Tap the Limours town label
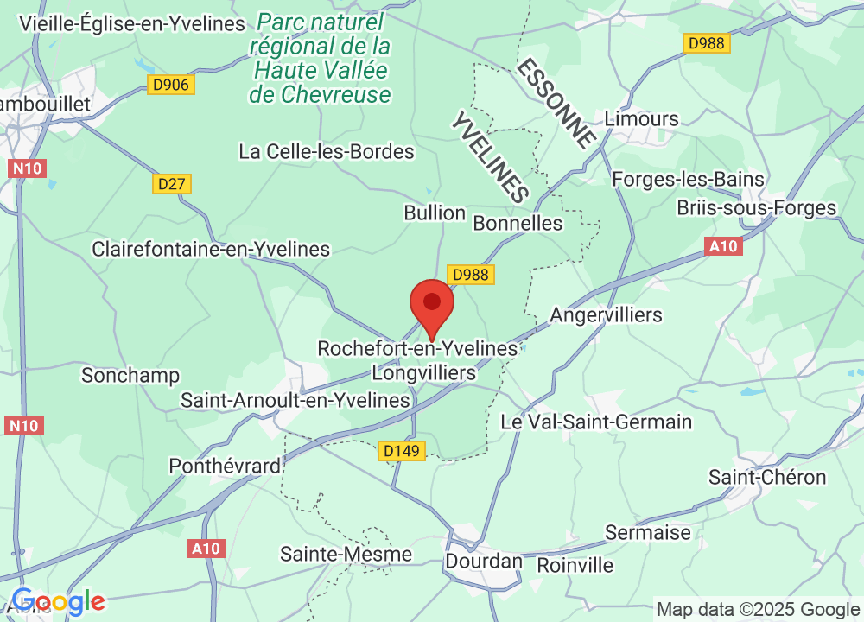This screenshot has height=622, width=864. click(642, 118)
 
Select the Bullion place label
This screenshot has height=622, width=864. click(435, 213)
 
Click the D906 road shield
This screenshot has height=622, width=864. click(171, 85)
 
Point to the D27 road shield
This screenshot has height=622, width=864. click(172, 184)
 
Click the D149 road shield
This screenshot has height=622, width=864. click(403, 451)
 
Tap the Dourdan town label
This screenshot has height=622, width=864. click(484, 561)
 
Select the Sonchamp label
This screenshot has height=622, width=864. click(130, 375)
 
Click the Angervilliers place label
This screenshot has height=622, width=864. click(606, 314)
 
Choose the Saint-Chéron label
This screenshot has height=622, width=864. click(767, 477)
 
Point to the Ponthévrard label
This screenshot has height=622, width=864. click(225, 466)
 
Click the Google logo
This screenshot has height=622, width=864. click(59, 601)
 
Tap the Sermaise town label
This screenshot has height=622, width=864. click(648, 532)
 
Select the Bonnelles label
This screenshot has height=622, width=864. click(518, 224)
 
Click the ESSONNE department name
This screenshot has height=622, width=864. click(557, 102)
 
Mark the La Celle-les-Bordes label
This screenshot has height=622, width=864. click(327, 152)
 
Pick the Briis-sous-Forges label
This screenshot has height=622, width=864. click(757, 208)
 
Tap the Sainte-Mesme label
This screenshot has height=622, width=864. click(346, 554)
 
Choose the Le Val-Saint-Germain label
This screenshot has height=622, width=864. click(596, 422)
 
